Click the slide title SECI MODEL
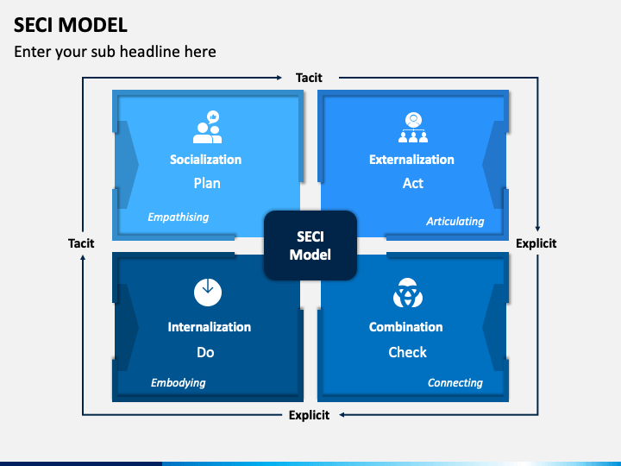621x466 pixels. click(x=71, y=24)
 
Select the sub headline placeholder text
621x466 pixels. click(x=115, y=52)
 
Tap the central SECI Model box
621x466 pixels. click(x=310, y=245)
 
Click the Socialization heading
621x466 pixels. click(x=205, y=160)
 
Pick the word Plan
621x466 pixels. click(x=207, y=183)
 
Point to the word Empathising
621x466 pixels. click(x=179, y=217)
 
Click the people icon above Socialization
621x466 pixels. click(x=207, y=128)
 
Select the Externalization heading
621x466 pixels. click(x=411, y=160)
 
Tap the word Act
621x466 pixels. click(x=413, y=183)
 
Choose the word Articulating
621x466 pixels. click(x=455, y=221)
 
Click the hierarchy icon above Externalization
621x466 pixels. click(x=413, y=128)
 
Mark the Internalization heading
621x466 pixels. click(x=209, y=327)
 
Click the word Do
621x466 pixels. click(x=205, y=352)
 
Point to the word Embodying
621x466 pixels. click(x=179, y=383)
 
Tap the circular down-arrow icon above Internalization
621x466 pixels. click(x=207, y=293)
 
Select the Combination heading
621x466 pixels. click(x=406, y=327)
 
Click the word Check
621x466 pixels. click(x=407, y=352)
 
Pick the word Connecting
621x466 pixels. click(x=455, y=383)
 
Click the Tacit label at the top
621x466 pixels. click(x=309, y=78)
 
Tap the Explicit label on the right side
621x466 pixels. click(x=536, y=243)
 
